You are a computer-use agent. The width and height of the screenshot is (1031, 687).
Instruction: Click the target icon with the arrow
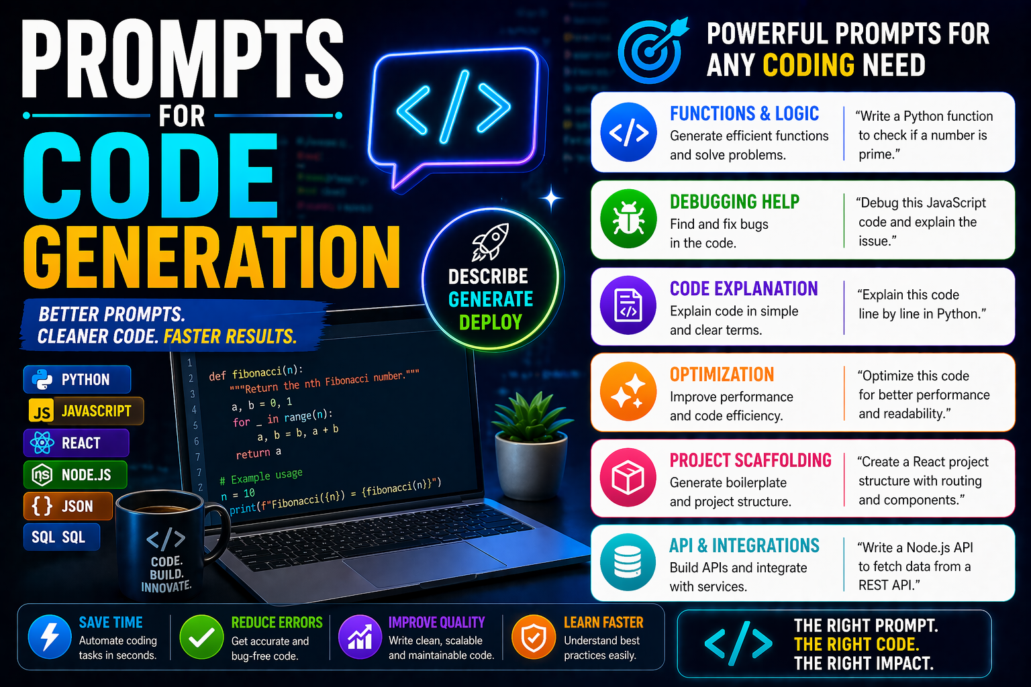(652, 50)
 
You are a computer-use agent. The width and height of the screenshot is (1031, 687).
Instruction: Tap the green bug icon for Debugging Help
(628, 219)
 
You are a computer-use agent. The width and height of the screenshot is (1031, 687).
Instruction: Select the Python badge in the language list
(77, 380)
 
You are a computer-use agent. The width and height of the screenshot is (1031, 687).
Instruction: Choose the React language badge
(75, 443)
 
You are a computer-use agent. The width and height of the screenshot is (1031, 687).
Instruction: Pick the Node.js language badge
(75, 475)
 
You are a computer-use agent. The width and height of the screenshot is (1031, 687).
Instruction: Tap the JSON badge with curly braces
(67, 507)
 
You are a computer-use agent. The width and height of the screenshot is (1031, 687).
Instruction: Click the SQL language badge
(60, 537)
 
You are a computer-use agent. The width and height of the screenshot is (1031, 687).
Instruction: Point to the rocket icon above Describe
(490, 242)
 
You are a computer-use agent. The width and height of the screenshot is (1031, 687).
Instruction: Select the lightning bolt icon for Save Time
(50, 637)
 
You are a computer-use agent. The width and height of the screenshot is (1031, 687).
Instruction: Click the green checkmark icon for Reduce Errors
(201, 637)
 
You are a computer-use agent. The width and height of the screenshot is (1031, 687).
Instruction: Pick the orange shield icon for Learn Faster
(534, 637)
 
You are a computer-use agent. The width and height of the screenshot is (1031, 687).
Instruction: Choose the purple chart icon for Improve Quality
(360, 637)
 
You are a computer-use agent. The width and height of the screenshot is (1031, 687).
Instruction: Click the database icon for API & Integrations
(628, 562)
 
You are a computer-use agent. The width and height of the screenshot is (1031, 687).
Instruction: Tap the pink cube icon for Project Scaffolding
(628, 478)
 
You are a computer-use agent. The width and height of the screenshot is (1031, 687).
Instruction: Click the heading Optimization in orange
(722, 374)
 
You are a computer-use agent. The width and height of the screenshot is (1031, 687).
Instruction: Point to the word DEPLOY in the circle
(491, 323)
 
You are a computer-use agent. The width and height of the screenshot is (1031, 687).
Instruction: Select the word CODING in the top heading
(808, 66)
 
